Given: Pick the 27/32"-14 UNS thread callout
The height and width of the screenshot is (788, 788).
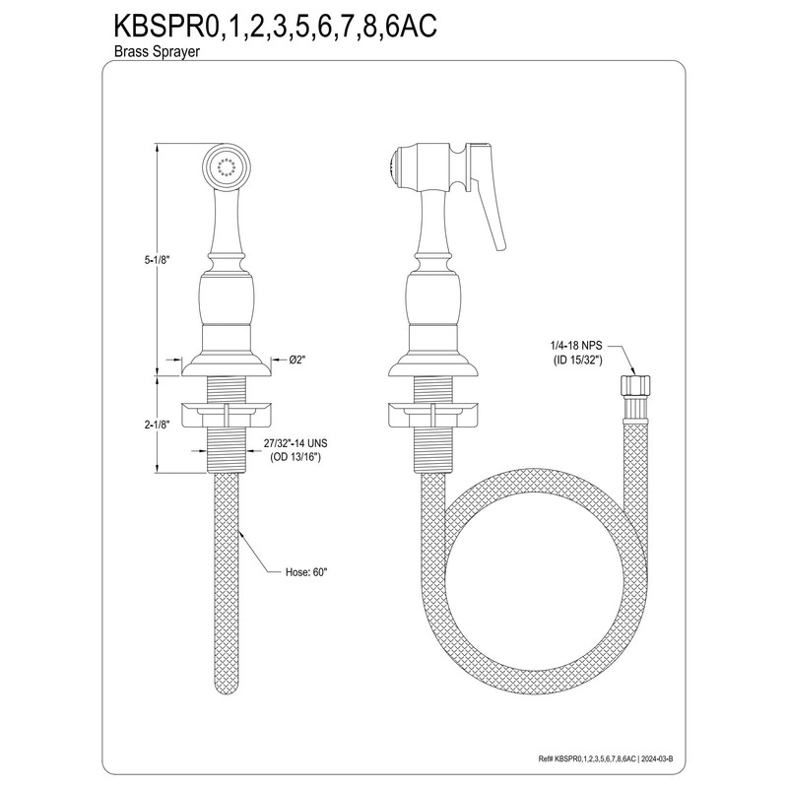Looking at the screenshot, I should [x=304, y=445].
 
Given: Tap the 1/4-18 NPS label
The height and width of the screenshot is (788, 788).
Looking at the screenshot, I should [x=581, y=346].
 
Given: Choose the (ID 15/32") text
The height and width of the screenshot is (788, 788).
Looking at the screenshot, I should [x=581, y=361].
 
